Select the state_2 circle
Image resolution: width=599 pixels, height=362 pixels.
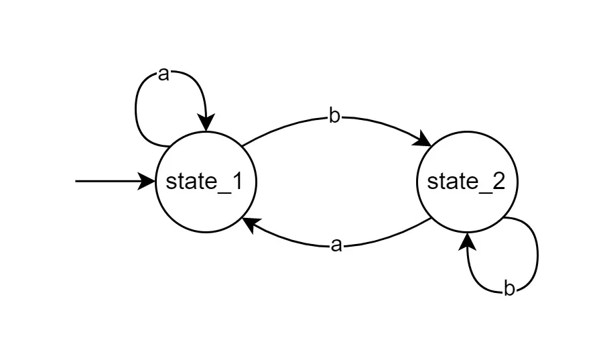(467, 154)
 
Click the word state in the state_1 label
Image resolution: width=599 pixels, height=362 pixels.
(188, 182)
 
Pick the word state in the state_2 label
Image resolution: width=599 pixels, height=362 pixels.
(450, 182)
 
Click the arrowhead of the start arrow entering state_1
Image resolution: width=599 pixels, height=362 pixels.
(149, 181)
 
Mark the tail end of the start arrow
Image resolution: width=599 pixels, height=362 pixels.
(76, 181)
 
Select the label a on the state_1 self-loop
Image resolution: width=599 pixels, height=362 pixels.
(163, 74)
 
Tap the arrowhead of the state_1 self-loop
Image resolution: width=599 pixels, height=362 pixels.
(206, 125)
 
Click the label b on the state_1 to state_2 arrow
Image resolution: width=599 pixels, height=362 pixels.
(334, 117)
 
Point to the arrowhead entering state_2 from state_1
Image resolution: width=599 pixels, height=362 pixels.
(425, 141)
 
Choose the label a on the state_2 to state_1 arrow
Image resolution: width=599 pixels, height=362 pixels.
(336, 246)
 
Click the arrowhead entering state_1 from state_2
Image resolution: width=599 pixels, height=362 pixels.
(249, 225)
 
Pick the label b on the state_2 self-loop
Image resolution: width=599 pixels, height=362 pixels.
(509, 290)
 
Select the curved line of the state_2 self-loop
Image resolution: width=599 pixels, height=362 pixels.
(537, 255)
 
